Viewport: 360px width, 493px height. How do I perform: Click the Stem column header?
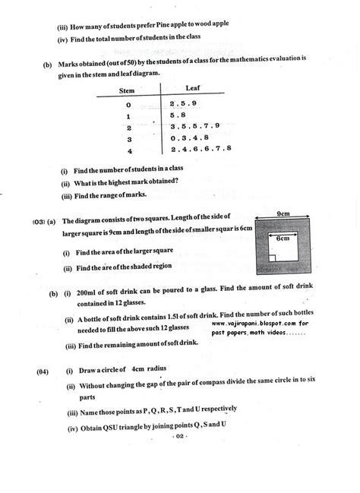coord(128,90)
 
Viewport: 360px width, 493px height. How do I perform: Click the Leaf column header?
coord(201,88)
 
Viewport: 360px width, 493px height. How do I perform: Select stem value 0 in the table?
coord(128,104)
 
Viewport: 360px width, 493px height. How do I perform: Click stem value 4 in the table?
coord(128,151)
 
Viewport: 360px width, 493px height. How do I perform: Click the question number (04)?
coord(42,370)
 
